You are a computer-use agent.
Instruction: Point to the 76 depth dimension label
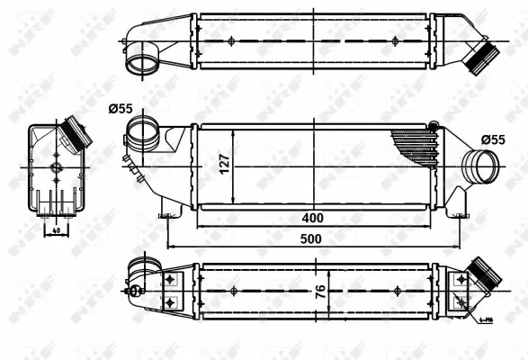pos(321,292)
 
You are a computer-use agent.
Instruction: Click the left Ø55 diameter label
pos(121,109)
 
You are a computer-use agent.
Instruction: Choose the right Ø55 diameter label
pos(494,139)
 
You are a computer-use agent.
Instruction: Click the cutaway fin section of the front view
pos(415,144)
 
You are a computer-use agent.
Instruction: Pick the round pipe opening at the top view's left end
pos(139,63)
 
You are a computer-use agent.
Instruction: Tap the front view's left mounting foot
pos(166,214)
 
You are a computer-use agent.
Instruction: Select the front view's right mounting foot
pos(461,214)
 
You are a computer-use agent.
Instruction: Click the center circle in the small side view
pos(56,167)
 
